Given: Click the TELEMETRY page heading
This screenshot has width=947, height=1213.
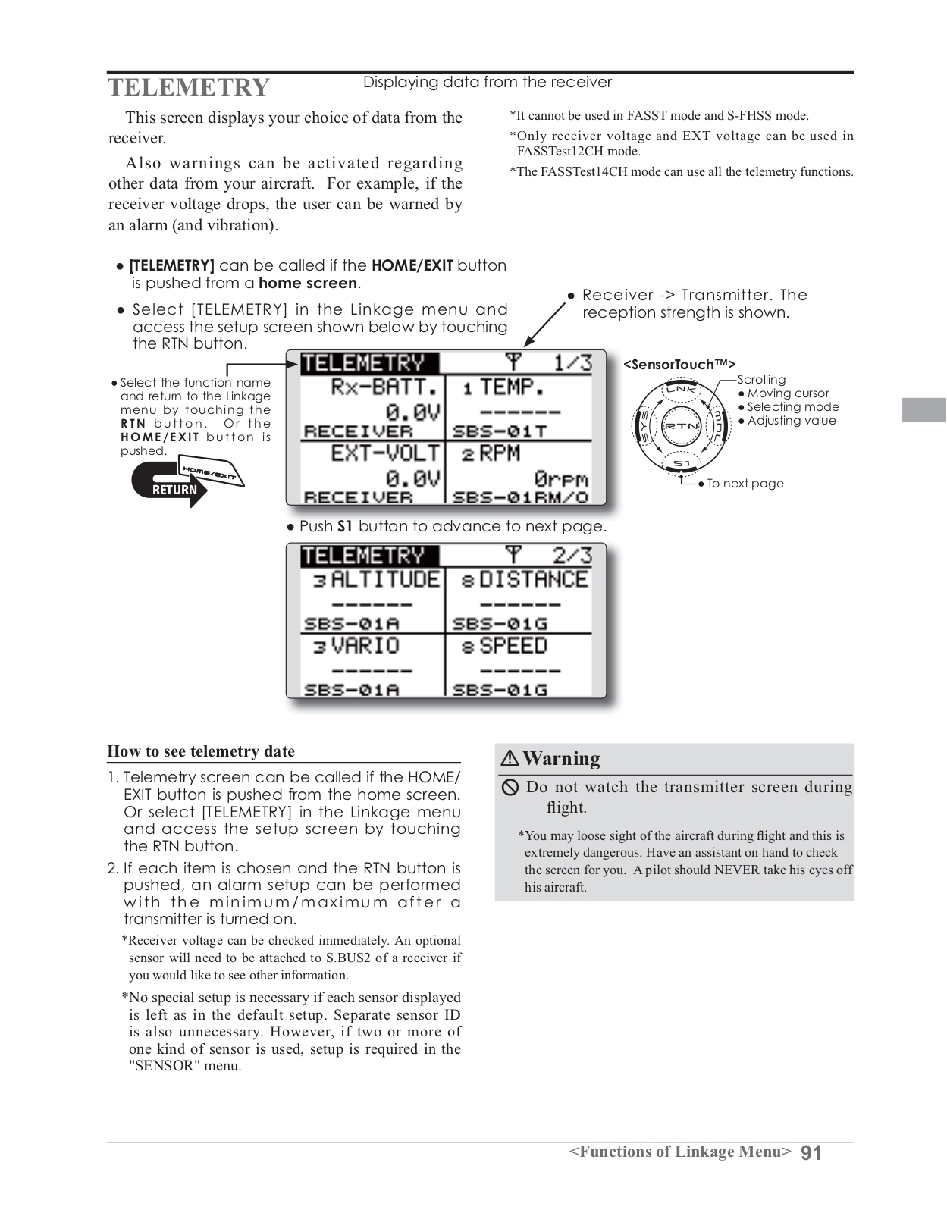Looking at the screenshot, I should click(188, 87).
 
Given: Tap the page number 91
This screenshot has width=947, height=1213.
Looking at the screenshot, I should click(811, 1153).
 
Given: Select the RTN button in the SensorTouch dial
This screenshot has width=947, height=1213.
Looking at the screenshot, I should click(681, 426).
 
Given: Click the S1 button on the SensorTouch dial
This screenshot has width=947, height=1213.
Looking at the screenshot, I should click(681, 463).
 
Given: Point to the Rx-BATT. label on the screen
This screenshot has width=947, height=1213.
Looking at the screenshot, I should click(385, 387).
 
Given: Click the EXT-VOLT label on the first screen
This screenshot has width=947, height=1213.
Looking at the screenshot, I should click(385, 453).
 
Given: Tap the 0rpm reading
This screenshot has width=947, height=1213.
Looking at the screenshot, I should click(560, 479).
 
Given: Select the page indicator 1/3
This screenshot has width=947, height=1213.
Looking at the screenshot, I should click(572, 362).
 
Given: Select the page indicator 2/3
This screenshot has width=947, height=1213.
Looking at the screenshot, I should click(572, 556).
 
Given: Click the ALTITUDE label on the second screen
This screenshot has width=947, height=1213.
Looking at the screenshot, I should click(385, 580).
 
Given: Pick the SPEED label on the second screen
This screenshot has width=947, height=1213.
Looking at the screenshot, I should click(513, 646).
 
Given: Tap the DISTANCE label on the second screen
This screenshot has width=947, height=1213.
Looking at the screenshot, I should click(533, 580).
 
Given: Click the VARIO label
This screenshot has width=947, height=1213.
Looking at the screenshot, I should click(365, 646).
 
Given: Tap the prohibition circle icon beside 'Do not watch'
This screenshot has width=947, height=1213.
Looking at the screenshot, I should click(510, 788).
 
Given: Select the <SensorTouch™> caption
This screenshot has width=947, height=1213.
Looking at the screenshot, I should click(679, 365).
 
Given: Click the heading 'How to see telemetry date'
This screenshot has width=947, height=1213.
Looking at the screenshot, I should click(201, 751).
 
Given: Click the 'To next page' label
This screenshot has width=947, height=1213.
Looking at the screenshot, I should click(745, 484).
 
